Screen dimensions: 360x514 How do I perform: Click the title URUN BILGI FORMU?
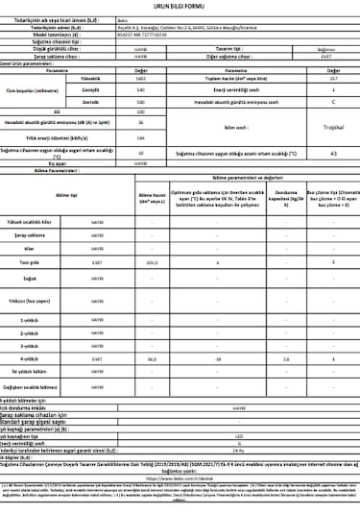click(180, 7)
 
